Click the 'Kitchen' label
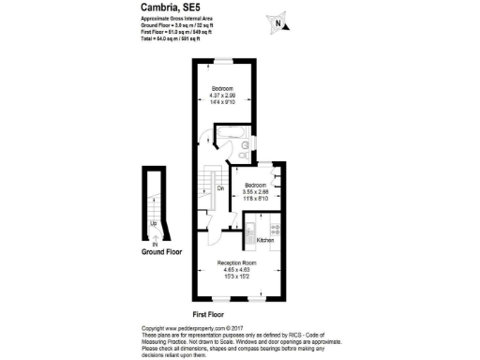point(264,241)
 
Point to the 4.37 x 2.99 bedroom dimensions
point(222,97)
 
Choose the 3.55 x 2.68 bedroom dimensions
point(250,192)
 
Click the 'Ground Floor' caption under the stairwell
point(161,251)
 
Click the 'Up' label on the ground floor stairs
point(154,224)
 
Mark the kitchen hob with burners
point(275,227)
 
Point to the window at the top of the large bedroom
point(226,61)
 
